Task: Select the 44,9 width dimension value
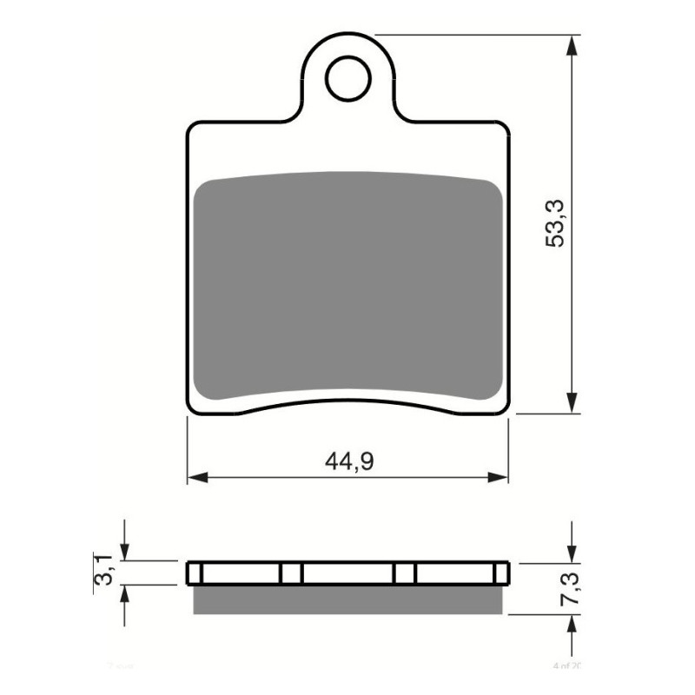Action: click(349, 462)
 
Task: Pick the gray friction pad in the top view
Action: click(347, 287)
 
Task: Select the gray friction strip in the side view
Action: click(347, 599)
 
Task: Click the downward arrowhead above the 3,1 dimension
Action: click(126, 551)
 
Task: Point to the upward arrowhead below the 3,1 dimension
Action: click(126, 596)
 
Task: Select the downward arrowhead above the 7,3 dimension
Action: click(572, 551)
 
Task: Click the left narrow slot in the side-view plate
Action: click(292, 573)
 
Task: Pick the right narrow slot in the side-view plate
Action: click(404, 573)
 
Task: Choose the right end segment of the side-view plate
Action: click(500, 573)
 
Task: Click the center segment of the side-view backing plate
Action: click(347, 573)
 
